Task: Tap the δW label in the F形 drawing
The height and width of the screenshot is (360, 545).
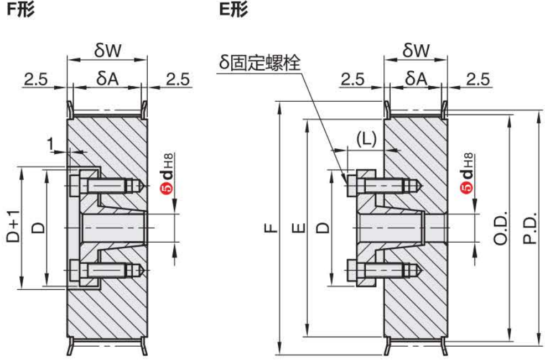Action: click(108, 51)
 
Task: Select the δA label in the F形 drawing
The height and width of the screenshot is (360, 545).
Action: click(107, 79)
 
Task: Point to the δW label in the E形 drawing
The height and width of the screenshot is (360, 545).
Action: click(416, 51)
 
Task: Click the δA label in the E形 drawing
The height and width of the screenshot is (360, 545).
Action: click(417, 79)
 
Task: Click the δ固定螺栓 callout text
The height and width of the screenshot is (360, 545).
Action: click(259, 62)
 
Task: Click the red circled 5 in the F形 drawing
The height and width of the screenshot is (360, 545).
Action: click(167, 188)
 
